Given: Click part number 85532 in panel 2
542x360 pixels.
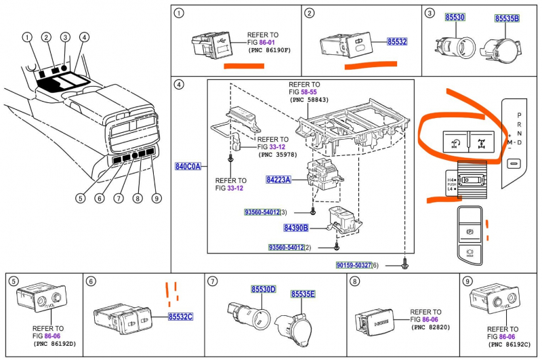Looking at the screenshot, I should pyautogui.click(x=397, y=42).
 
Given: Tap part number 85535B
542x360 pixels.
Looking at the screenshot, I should pyautogui.click(x=507, y=18).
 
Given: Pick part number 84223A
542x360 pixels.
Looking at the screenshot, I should pyautogui.click(x=278, y=180).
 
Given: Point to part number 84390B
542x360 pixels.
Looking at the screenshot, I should pyautogui.click(x=296, y=228).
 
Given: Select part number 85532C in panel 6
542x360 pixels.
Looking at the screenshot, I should pyautogui.click(x=181, y=317).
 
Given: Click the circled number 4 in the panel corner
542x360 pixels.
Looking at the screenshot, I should pyautogui.click(x=179, y=85).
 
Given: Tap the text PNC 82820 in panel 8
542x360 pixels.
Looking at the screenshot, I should pyautogui.click(x=431, y=327).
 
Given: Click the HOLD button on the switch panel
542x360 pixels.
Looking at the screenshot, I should pyautogui.click(x=468, y=253).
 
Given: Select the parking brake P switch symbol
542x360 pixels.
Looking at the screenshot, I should pyautogui.click(x=468, y=231).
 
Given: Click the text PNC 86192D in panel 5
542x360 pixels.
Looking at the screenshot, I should pyautogui.click(x=55, y=344).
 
